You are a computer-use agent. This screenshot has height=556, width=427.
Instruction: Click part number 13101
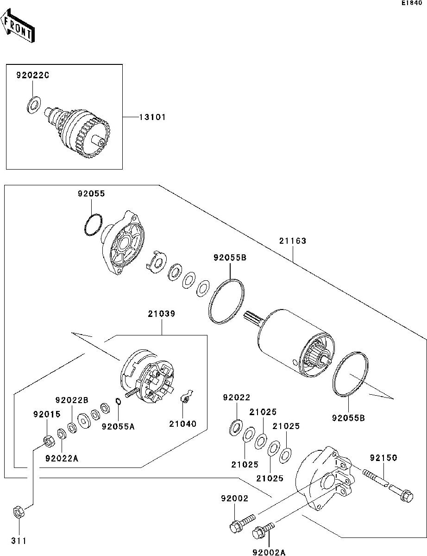pyautogui.click(x=152, y=118)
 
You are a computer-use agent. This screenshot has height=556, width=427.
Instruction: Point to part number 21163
pyautogui.click(x=293, y=241)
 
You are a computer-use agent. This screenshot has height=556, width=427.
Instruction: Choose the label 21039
pyautogui.click(x=162, y=314)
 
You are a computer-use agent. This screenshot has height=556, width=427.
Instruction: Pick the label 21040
pyautogui.click(x=182, y=423)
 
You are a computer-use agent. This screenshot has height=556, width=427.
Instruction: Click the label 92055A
pyautogui.click(x=119, y=426)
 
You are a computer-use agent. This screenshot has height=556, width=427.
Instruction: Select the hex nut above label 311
pyautogui.click(x=19, y=512)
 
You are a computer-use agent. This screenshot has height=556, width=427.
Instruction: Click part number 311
pyautogui.click(x=19, y=541)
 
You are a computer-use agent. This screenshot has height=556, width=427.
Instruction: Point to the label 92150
pyautogui.click(x=383, y=458)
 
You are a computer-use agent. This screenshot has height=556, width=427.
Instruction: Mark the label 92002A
pyautogui.click(x=270, y=552)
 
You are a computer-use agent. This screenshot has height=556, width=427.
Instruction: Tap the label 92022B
pyautogui.click(x=72, y=400)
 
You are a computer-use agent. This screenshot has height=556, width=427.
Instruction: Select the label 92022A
pyautogui.click(x=62, y=459)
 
